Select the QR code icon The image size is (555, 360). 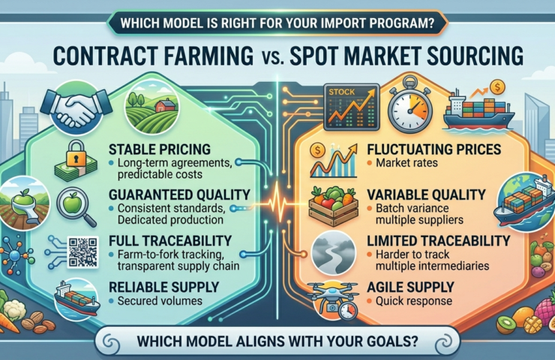[x=82, y=251]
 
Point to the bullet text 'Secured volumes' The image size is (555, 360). [x=156, y=301]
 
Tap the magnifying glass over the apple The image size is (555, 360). [x=79, y=205]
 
